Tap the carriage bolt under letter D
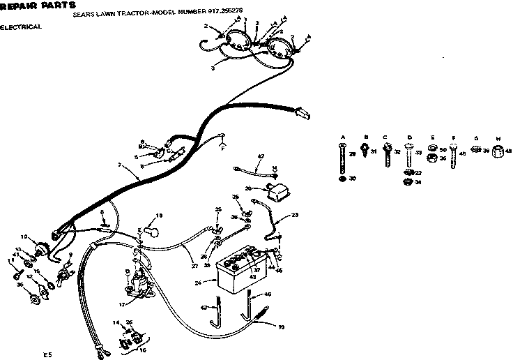pos(409,157)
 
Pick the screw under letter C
pos(385,154)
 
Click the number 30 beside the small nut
pos(353,180)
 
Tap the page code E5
pos(47,355)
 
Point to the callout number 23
pos(295,216)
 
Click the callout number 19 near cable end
pos(282,326)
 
